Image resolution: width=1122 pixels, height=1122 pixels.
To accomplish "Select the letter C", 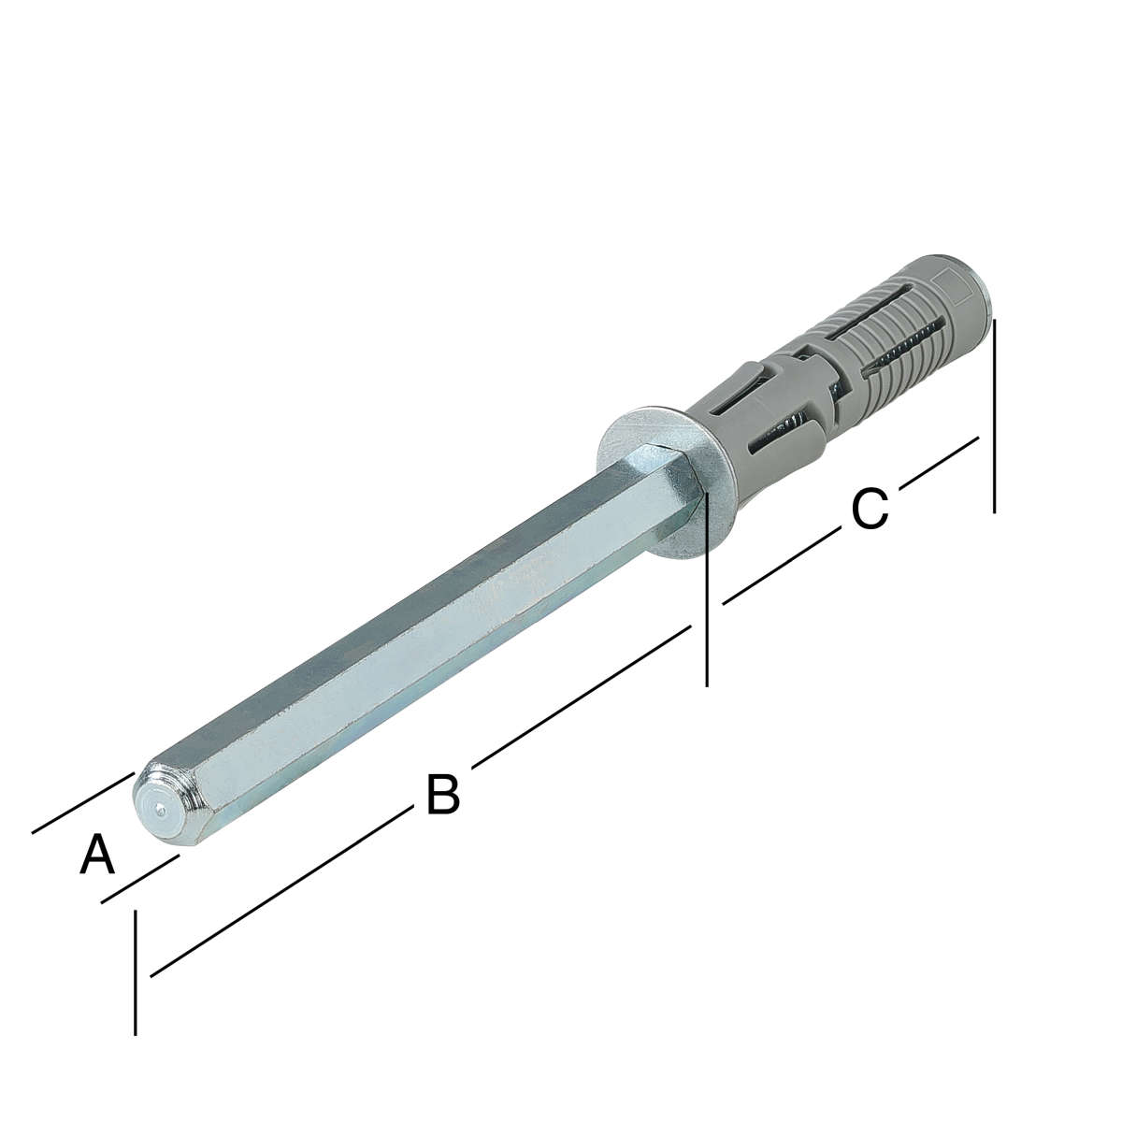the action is click(870, 511).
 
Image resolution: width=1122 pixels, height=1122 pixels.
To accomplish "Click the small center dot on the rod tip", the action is click(160, 808).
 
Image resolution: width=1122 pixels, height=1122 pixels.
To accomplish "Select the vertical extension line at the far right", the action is click(995, 416).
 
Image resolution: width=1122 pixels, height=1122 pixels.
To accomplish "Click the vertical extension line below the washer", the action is click(706, 589).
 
